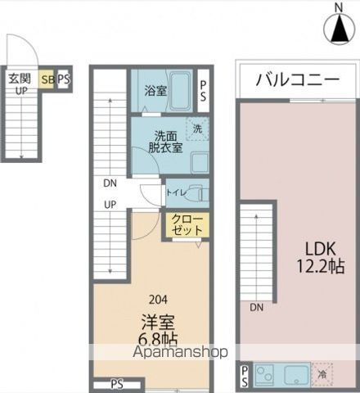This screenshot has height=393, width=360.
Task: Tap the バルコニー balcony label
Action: (x=297, y=80)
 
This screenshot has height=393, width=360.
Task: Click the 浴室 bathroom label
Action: (x=155, y=91)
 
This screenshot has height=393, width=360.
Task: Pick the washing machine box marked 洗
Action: (x=197, y=128)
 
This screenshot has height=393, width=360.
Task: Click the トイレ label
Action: (x=176, y=193)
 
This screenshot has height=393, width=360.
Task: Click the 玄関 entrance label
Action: (x=20, y=79)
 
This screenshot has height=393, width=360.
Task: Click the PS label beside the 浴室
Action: (x=203, y=91)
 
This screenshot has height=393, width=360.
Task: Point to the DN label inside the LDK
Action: (x=257, y=307)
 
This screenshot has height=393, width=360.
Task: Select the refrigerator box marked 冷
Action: (x=322, y=375)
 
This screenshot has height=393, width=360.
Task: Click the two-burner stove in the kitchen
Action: (x=264, y=375)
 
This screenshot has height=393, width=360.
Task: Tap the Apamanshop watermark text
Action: (x=179, y=354)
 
